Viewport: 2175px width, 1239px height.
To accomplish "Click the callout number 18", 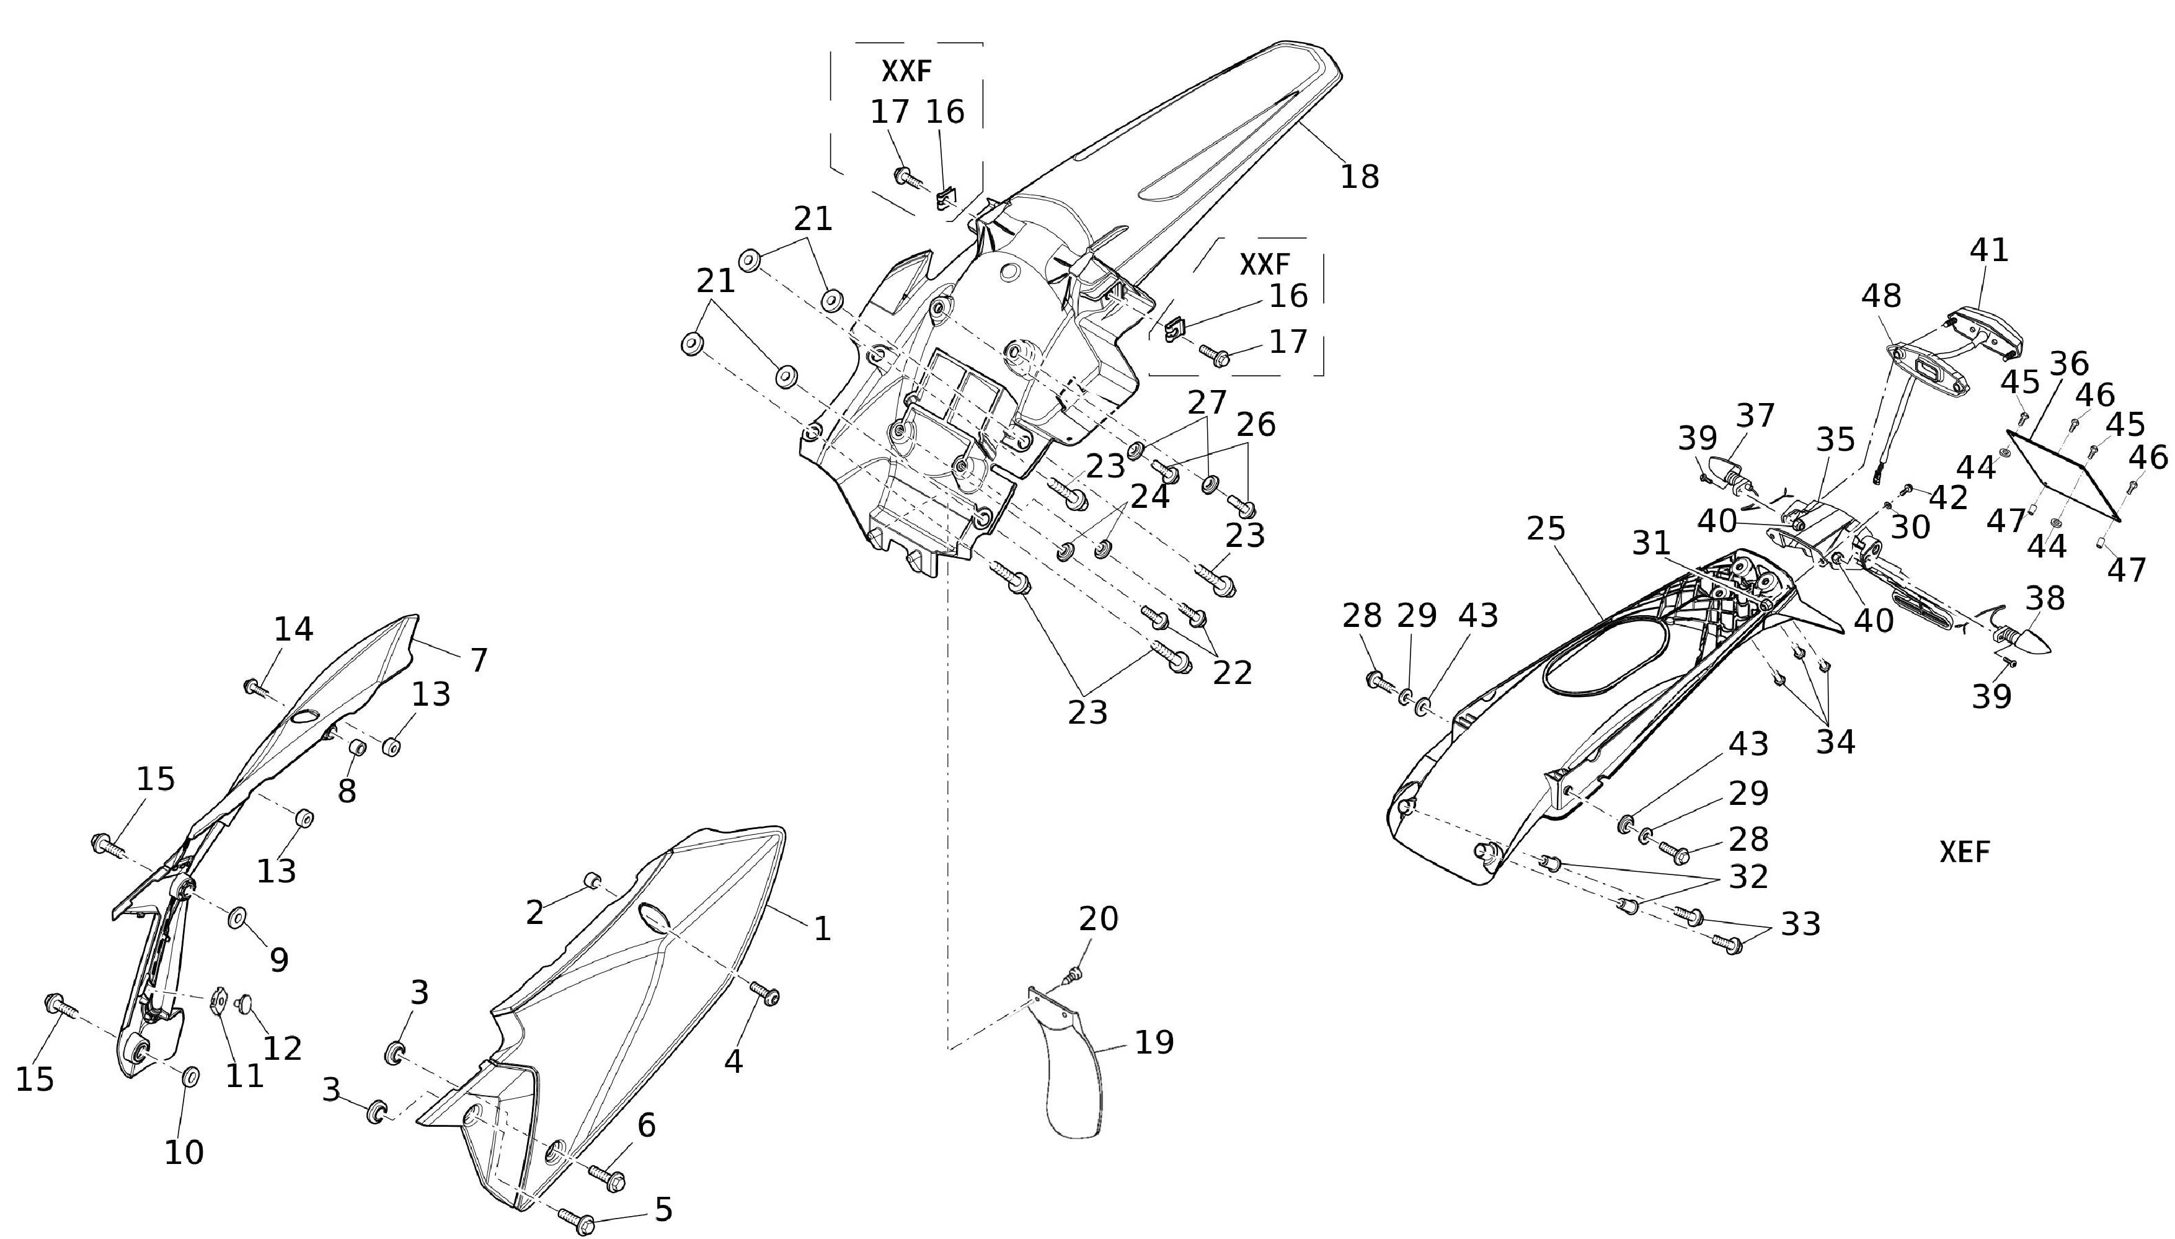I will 1359,176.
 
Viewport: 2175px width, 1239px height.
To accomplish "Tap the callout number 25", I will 1546,530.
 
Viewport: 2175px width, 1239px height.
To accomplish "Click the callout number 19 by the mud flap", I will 1154,1042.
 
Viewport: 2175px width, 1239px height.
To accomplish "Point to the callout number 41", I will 1989,249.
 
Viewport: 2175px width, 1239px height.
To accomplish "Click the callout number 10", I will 184,1152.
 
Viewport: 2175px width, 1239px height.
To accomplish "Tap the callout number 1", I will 822,928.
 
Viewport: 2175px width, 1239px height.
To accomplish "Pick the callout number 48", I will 1880,296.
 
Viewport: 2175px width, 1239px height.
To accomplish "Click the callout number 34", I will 1835,742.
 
